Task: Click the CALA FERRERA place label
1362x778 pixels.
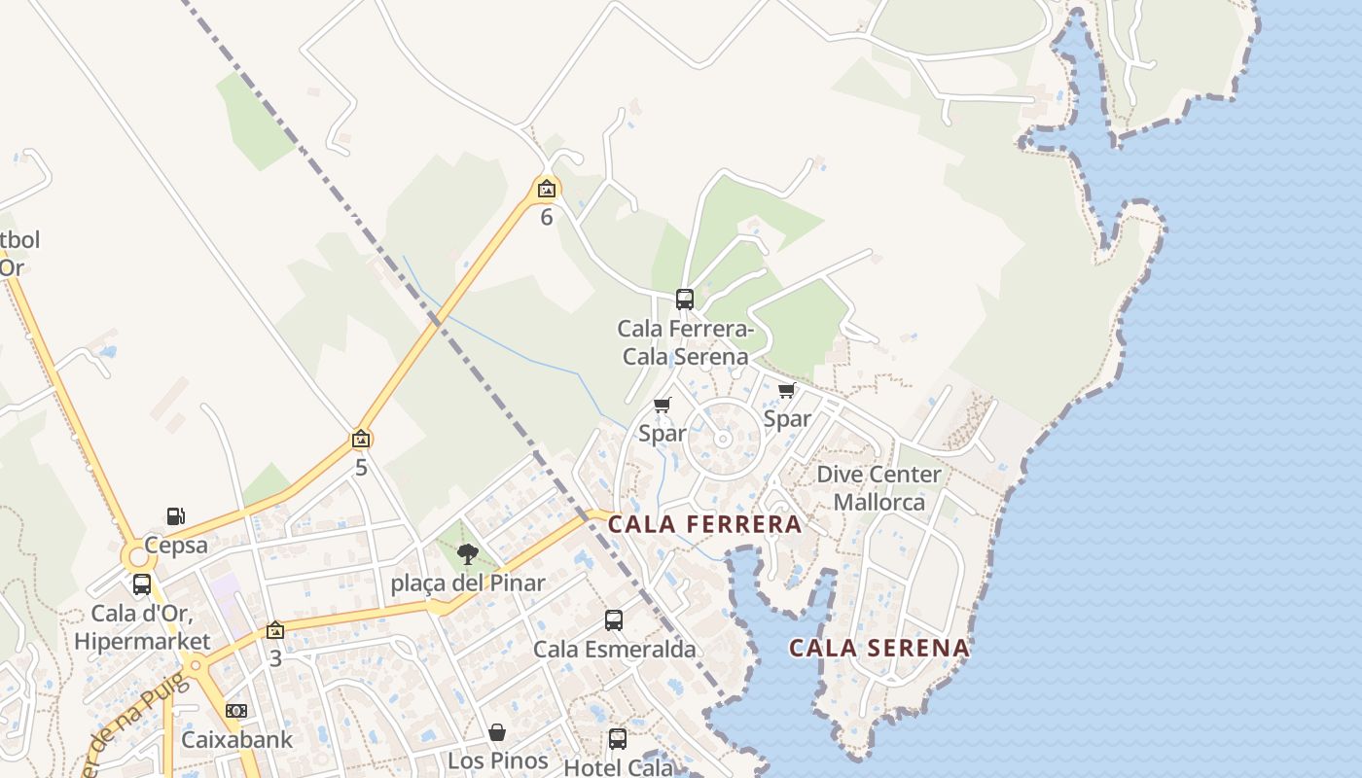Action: [705, 524]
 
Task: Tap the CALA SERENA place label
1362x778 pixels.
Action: [878, 648]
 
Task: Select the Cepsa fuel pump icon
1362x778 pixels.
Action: [176, 516]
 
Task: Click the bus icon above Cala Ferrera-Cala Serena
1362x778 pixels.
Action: [685, 299]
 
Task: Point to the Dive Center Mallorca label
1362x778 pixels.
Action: [878, 488]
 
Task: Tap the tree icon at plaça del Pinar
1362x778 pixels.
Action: [468, 554]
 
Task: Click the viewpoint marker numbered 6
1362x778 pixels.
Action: [547, 189]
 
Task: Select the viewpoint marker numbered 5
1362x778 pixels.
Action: [361, 439]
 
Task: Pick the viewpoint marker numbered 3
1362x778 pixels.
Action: [275, 630]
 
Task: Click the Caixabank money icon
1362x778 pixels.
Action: [236, 711]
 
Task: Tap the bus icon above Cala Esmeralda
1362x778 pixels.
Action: [614, 619]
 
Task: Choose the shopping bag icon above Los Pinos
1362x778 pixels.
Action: [497, 731]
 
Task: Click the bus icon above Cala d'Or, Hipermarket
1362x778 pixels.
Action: [142, 584]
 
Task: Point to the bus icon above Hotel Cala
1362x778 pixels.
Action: [618, 738]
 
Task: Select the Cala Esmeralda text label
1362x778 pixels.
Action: [614, 649]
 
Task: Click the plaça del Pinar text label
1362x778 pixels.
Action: [468, 583]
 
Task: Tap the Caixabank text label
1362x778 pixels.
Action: [236, 739]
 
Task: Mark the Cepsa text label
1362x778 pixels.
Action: [176, 545]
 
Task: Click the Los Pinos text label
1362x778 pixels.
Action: [497, 760]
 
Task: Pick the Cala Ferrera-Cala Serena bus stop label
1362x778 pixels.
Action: [685, 342]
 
